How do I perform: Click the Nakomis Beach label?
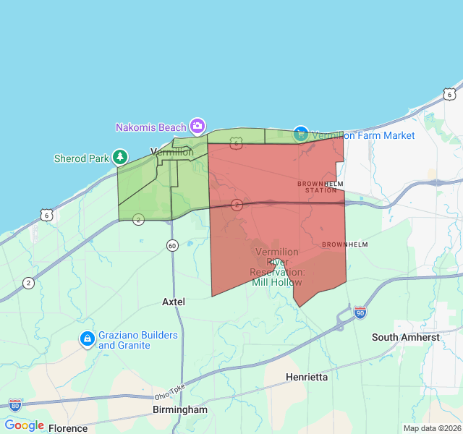click(150, 127)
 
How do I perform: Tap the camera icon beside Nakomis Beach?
click(197, 127)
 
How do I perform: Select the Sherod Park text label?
click(81, 158)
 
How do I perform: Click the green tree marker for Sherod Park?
click(119, 157)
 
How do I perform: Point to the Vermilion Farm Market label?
click(363, 135)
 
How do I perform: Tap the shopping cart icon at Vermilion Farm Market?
click(301, 134)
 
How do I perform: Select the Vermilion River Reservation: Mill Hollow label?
click(277, 267)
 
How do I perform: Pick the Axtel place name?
click(174, 301)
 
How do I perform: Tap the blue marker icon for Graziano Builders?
click(87, 339)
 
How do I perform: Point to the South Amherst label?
click(405, 337)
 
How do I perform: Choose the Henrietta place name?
click(307, 377)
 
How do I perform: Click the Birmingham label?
click(180, 409)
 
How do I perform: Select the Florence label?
click(68, 428)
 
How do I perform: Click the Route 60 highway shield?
click(172, 245)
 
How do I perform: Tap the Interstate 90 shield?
click(360, 312)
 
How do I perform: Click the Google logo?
click(24, 425)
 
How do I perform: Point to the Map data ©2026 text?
click(432, 428)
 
